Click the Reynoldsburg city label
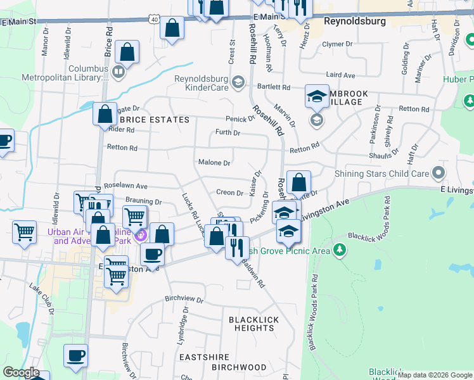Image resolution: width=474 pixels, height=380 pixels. click(x=354, y=21)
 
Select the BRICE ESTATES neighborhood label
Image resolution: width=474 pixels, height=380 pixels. click(x=155, y=120)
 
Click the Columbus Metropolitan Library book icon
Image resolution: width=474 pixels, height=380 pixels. click(x=118, y=72)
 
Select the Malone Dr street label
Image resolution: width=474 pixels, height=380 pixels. click(x=214, y=163)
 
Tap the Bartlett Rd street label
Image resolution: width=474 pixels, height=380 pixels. click(x=273, y=87)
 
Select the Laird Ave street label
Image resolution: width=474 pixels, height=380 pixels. click(x=339, y=75)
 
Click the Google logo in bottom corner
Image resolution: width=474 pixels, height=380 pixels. click(x=21, y=372)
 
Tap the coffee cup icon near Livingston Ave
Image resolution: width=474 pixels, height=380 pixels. click(x=151, y=254)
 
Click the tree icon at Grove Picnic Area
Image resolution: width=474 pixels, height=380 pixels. click(x=340, y=250)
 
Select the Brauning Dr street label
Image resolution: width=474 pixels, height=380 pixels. click(x=144, y=202)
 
